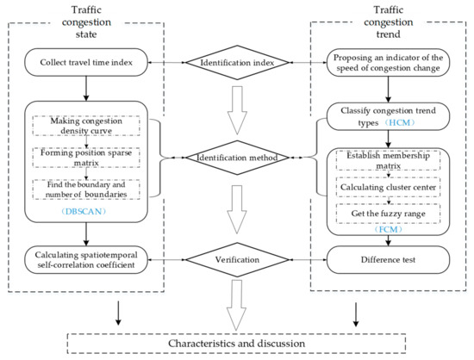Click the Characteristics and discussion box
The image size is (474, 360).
point(236,344)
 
